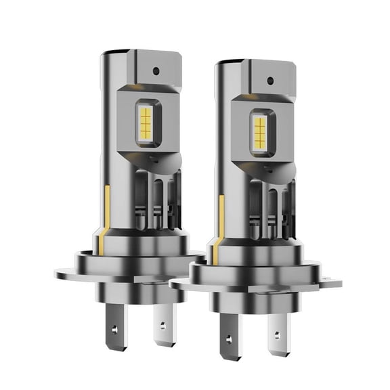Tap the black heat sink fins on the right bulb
click(268, 210)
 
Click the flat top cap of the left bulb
click(139, 54)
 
